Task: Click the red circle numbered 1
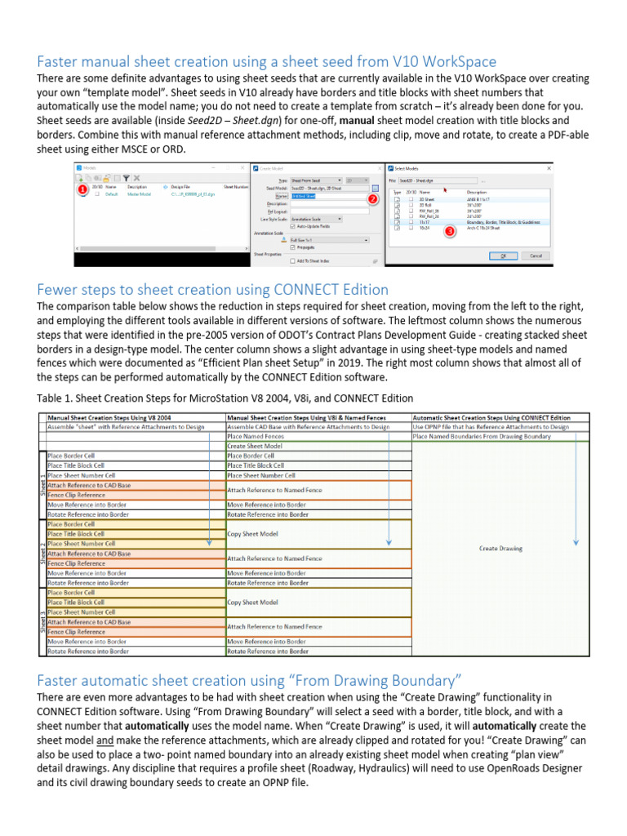click(82, 189)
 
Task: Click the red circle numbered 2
click(372, 199)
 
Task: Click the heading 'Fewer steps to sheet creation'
click(213, 290)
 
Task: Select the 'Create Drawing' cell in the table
click(500, 549)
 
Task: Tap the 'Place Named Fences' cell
click(256, 437)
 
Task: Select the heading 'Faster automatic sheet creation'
click(250, 680)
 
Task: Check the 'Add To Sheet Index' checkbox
click(292, 260)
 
